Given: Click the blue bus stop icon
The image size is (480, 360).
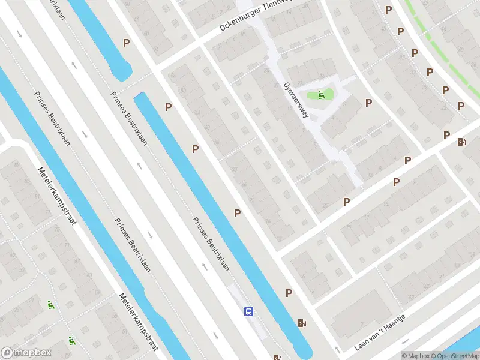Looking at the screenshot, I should (x=248, y=311).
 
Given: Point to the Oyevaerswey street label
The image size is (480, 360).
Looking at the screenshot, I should (x=297, y=100).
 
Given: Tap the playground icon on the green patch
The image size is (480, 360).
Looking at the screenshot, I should (x=322, y=94).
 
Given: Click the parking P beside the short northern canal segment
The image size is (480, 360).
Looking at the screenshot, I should (x=126, y=43).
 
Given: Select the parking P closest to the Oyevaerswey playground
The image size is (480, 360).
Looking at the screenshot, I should (x=368, y=103).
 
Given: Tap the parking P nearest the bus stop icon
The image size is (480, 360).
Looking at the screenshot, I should (x=289, y=293).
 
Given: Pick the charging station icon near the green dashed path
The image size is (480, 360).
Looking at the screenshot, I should (x=461, y=142).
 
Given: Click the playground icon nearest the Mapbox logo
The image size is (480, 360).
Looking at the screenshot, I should (x=71, y=341).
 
